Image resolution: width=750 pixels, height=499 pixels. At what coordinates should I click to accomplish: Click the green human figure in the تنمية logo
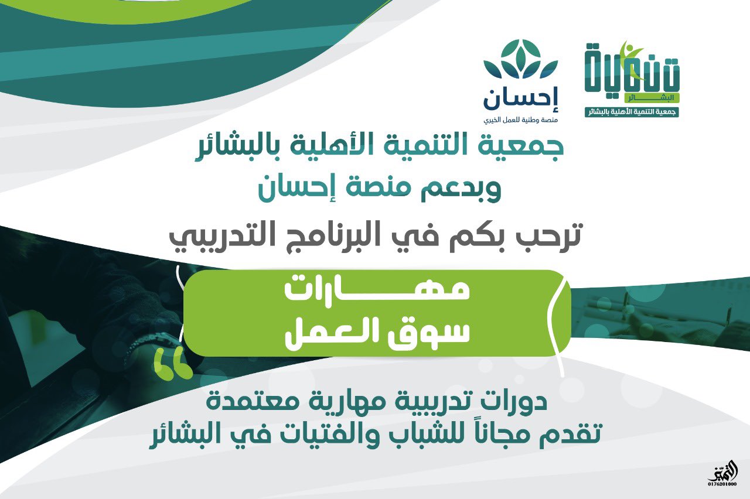click(630, 60)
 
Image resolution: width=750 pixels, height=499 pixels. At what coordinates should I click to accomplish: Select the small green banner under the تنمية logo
click(632, 112)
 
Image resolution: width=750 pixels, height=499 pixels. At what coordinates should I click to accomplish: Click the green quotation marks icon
click(173, 364)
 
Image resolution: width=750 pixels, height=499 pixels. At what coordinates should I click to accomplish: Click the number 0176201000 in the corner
click(722, 493)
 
